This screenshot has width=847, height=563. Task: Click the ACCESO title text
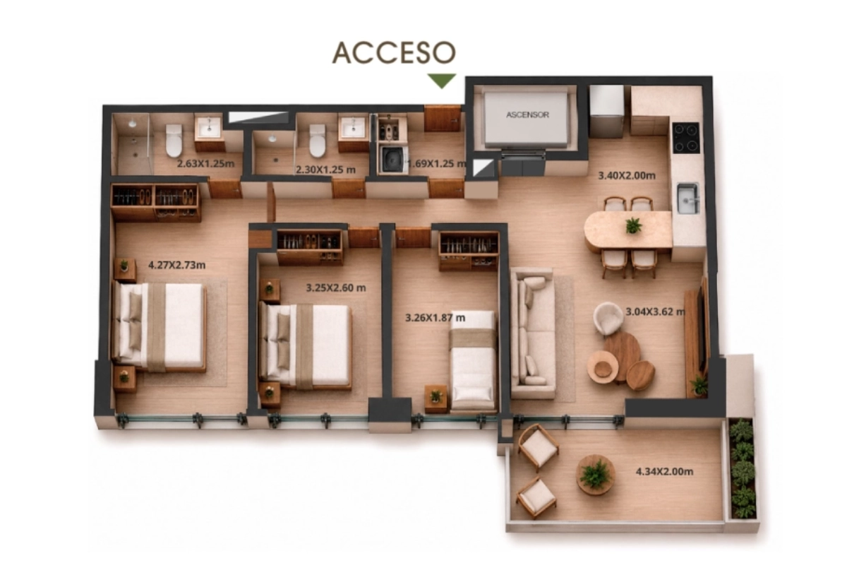(x=394, y=52)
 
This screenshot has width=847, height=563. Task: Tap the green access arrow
(x=442, y=81)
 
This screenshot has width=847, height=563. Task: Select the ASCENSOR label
(x=527, y=114)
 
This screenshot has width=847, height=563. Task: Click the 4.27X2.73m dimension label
(x=177, y=265)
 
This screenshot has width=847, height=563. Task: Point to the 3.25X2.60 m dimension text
(x=336, y=288)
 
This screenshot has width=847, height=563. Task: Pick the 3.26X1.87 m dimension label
(x=435, y=318)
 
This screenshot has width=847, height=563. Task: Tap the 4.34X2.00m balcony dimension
(x=664, y=471)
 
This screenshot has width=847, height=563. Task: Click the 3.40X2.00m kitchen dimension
(x=627, y=176)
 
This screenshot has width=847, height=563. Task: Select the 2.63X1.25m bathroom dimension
(x=205, y=164)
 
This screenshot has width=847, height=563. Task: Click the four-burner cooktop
(x=686, y=138)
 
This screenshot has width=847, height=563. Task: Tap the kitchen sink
(x=687, y=198)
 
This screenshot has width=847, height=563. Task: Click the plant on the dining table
(x=633, y=225)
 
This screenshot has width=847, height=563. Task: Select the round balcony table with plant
(x=595, y=475)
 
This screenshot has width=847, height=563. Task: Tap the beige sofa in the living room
(x=532, y=333)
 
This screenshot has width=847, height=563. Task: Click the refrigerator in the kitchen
(x=606, y=111)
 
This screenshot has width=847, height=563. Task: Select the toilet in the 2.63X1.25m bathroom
(x=174, y=141)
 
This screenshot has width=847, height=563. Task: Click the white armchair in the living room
(x=608, y=318)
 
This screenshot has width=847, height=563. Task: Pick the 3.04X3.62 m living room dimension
(x=655, y=312)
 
